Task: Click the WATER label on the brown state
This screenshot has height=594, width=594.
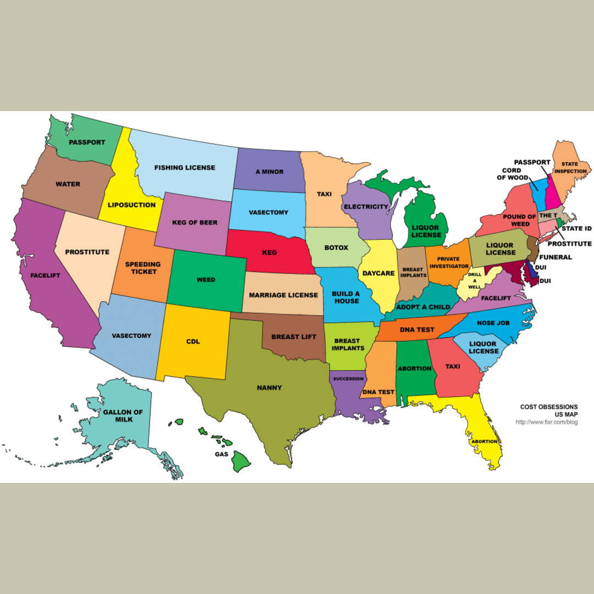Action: point(68,184)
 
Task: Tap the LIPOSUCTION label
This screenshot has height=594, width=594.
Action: point(131,205)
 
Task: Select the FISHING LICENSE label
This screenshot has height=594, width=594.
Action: point(184,167)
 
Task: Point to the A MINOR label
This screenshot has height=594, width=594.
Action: point(269,172)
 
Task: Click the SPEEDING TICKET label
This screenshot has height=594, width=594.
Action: point(143,268)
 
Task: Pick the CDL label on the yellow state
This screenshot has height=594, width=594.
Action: point(193,342)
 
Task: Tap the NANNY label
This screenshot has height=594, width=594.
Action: point(269,388)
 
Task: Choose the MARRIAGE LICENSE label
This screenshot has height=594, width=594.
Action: point(283,295)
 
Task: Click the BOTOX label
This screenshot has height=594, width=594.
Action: point(336,248)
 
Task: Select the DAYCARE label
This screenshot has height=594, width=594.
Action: point(378,273)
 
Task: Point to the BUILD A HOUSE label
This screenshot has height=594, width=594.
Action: point(345,298)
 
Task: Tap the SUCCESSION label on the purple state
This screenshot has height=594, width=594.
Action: point(348,379)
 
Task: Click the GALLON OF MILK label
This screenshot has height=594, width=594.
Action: point(123,416)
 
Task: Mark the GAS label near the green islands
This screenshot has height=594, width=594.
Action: point(222,455)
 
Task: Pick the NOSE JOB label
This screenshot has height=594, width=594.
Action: point(493,323)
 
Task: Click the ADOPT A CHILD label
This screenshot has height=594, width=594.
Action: point(423,306)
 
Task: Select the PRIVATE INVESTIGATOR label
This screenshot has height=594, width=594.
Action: point(449,262)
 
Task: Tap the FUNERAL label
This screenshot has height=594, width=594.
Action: point(555,257)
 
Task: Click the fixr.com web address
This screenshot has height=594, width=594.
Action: point(546,422)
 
